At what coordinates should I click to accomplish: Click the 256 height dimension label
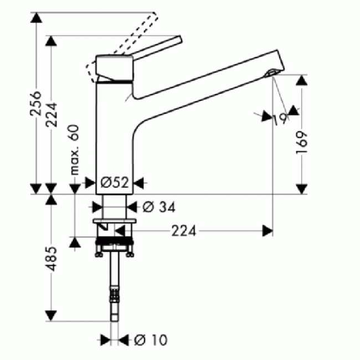pos(36,103)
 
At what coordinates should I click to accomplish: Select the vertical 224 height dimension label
pos(51,115)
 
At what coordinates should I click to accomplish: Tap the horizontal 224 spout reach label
pos(184,231)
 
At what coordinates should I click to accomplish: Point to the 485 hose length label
pos(51,259)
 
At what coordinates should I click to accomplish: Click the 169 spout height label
pos(302,142)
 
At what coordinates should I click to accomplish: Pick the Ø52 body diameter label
pos(115,183)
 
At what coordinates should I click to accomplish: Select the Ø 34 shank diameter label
pos(159,207)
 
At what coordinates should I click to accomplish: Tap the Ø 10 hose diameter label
pos(151,340)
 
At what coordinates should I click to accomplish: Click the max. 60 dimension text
pos(75,150)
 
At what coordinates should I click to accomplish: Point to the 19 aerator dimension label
pos(280,120)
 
